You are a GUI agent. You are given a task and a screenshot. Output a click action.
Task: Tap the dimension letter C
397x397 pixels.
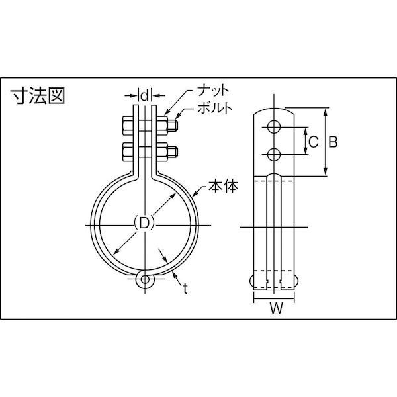[x=314, y=141]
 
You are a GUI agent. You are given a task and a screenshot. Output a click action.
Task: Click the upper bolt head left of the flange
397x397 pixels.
[x=128, y=124]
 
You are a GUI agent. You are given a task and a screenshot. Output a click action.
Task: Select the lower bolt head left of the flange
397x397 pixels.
[x=128, y=152]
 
